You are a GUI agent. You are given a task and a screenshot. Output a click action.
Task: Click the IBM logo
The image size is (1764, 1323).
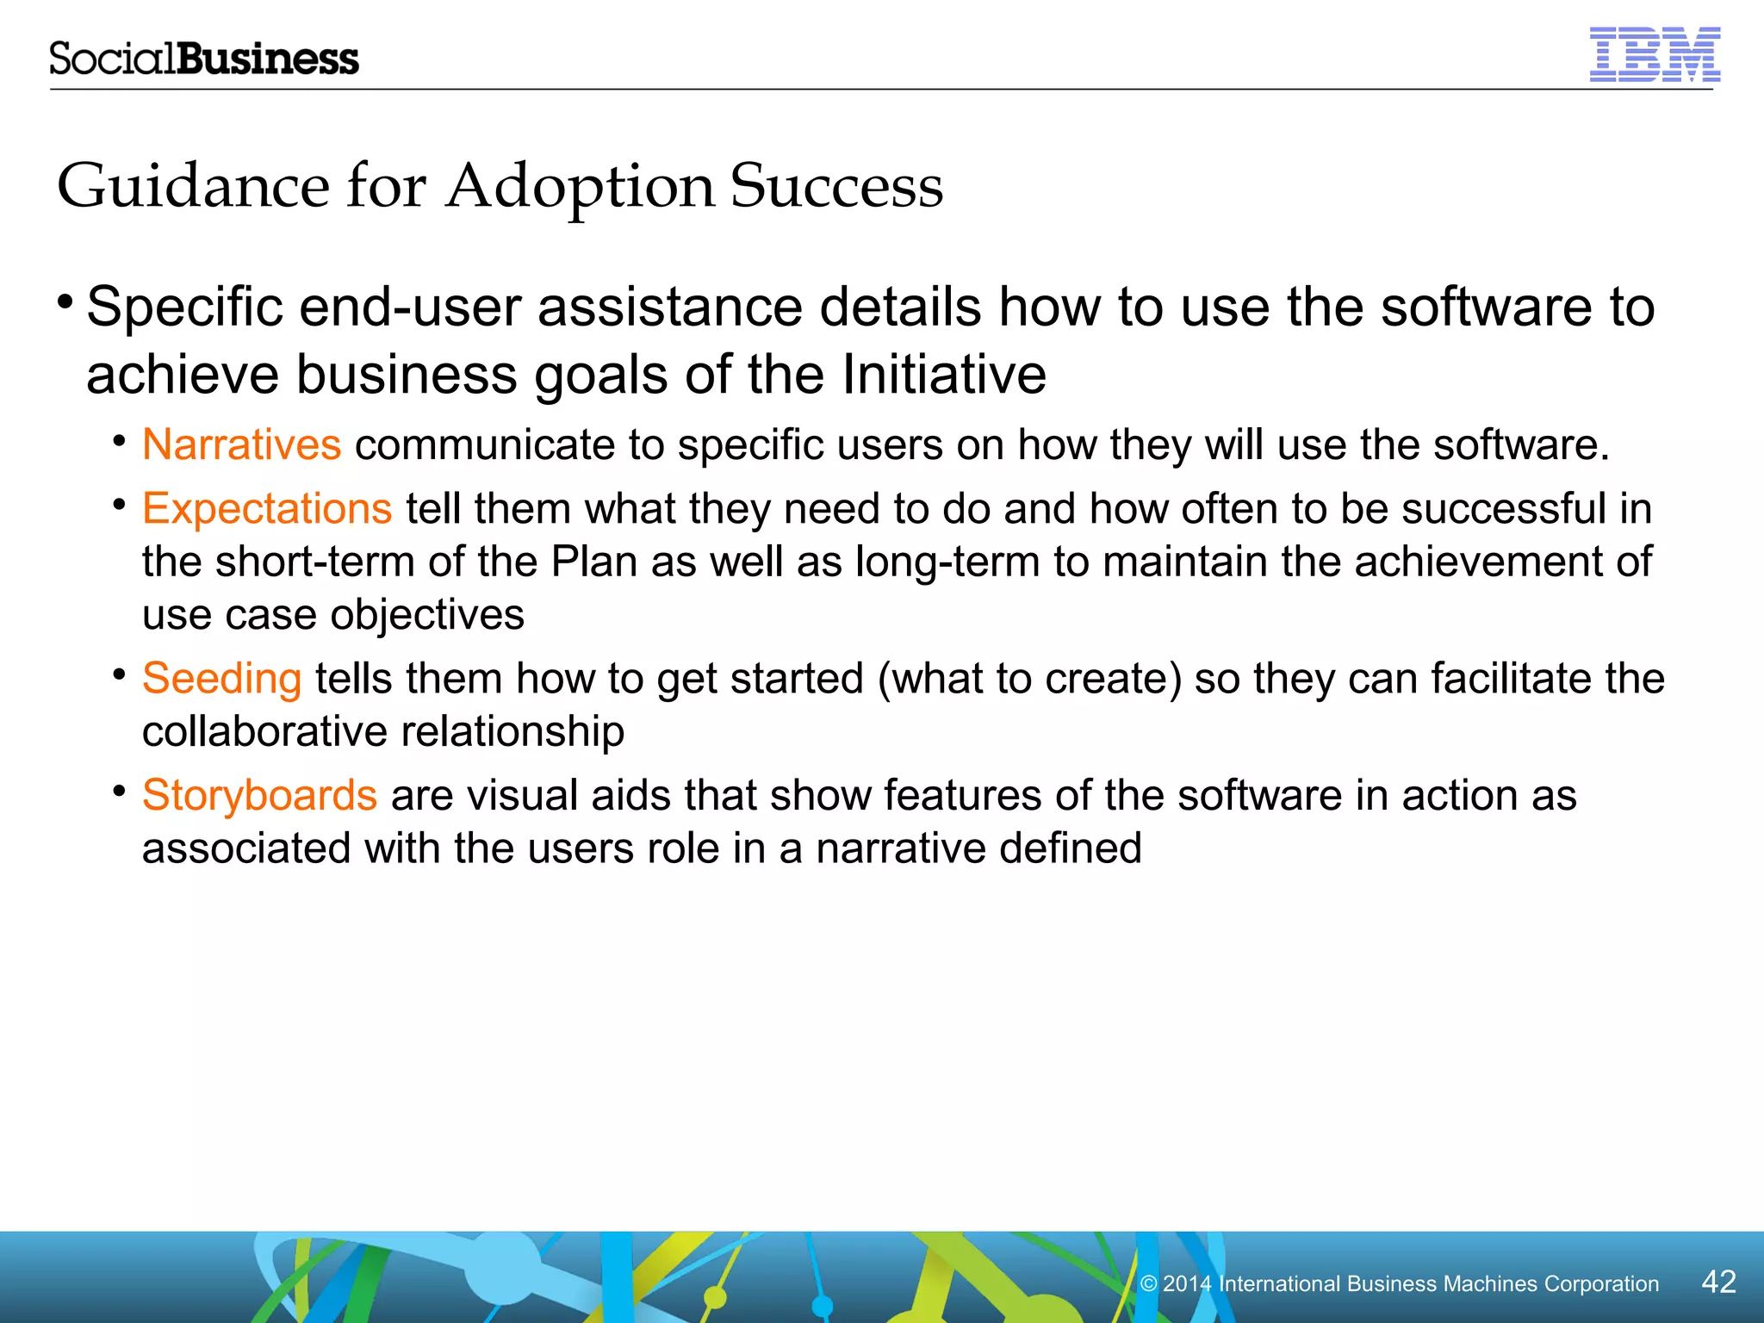(x=1654, y=54)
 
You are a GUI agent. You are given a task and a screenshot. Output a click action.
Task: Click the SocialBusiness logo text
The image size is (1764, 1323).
(x=203, y=59)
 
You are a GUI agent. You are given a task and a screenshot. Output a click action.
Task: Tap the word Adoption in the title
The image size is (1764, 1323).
(x=580, y=187)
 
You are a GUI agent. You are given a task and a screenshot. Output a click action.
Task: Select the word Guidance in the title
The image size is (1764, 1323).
(x=193, y=186)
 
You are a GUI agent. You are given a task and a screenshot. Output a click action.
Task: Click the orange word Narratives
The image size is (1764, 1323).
(x=242, y=445)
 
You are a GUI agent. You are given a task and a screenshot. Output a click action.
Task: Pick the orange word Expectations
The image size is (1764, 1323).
(x=267, y=508)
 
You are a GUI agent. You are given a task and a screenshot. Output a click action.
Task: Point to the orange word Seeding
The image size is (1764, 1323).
(x=221, y=679)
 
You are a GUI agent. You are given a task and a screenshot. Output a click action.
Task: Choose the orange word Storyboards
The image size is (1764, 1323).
(x=259, y=795)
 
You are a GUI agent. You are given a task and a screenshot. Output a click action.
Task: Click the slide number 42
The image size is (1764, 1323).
(x=1717, y=1282)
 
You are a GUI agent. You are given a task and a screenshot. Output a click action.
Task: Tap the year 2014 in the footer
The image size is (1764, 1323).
(x=1187, y=1284)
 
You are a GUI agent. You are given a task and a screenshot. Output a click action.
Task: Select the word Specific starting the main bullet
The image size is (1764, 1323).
(x=184, y=307)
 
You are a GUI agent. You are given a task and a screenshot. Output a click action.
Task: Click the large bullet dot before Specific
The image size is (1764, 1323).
(x=65, y=302)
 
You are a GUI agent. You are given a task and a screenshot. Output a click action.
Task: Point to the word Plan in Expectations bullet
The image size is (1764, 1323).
(x=593, y=562)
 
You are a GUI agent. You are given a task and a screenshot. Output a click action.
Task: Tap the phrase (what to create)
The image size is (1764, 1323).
(x=1029, y=679)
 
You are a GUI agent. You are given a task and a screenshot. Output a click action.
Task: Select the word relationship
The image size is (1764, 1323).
(x=512, y=732)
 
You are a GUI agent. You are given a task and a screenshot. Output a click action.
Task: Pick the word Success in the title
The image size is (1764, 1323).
(x=836, y=186)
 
